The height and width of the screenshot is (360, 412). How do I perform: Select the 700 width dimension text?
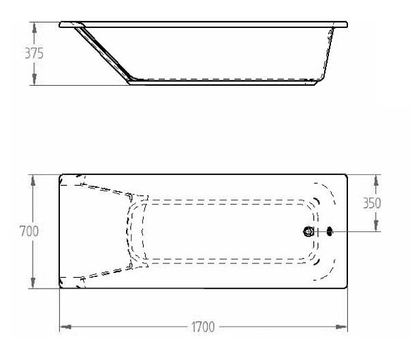(28, 231)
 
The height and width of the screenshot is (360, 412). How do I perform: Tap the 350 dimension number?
(371, 203)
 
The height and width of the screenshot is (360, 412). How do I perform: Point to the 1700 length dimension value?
(202, 327)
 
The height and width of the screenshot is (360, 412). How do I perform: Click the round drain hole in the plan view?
(309, 231)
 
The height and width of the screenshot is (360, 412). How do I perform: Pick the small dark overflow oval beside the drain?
(330, 231)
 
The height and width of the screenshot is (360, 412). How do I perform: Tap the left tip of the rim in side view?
(61, 24)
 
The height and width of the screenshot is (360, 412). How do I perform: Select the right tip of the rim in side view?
(346, 25)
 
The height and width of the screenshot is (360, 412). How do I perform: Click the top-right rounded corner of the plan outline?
(345, 176)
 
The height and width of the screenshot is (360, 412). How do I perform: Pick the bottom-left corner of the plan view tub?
(61, 287)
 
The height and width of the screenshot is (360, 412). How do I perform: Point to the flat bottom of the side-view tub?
(225, 82)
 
